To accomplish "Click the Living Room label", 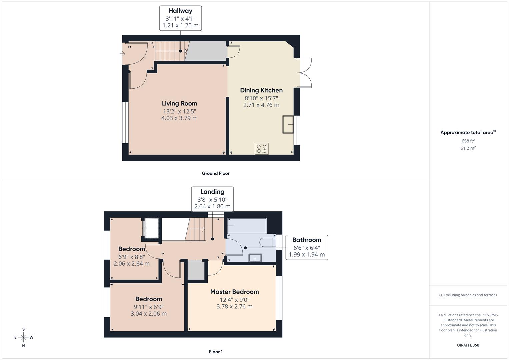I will coord(179,103).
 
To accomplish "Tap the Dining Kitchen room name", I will coord(261,90).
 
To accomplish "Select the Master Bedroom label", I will coord(234,292).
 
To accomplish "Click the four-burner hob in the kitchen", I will coord(262,149).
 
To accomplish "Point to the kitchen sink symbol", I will coord(288,124).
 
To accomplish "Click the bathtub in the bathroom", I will coord(247,226).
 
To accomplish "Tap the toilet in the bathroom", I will coord(268,242).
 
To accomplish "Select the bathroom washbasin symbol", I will coord(255,258).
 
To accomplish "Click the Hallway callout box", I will coord(180,18).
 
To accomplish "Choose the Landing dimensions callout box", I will coord(212,199).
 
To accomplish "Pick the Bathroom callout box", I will coord(307,247).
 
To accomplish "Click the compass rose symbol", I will coord(23,337).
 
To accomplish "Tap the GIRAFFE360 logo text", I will coord(468,345).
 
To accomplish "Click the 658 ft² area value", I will coord(468,141).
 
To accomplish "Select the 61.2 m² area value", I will coord(468,148).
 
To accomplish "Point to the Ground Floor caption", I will coord(216,173).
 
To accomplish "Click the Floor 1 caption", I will coord(216,352).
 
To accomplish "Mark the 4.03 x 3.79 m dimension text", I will coord(179,118).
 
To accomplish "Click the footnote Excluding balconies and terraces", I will coord(468,295).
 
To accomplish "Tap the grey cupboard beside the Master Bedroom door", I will coord(196,270).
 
